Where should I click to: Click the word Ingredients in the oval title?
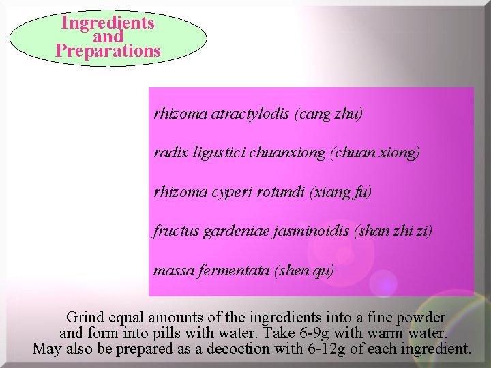pyautogui.click(x=108, y=22)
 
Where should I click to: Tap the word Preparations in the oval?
pyautogui.click(x=108, y=51)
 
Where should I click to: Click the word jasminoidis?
pyautogui.click(x=311, y=231)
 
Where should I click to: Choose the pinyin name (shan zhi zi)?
pyautogui.click(x=393, y=231)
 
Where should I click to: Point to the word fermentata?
pyautogui.click(x=234, y=271)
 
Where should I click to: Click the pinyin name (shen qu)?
pyautogui.click(x=304, y=271)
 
